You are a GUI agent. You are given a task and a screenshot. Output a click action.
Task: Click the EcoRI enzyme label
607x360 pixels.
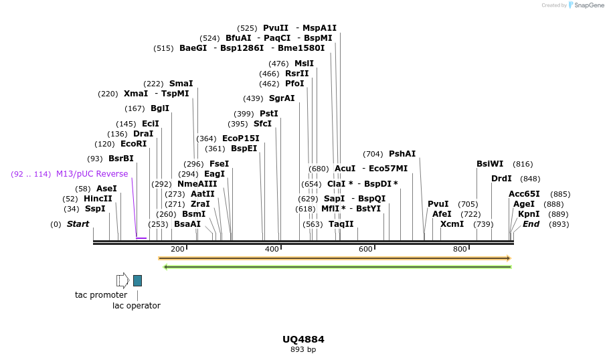[133, 144]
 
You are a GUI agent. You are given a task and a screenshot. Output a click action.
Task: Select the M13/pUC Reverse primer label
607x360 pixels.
[92, 174]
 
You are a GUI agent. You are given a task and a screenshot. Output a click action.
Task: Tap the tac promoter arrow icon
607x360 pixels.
[122, 280]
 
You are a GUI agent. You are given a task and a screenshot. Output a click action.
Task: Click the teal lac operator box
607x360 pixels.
[137, 280]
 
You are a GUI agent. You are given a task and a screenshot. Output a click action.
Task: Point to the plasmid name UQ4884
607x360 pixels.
[303, 339]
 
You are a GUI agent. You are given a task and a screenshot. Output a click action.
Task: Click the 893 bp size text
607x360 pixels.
[303, 349]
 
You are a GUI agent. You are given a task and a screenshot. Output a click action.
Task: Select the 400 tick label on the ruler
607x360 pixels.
[272, 250]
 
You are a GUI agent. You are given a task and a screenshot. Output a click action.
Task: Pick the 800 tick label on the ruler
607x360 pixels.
[460, 250]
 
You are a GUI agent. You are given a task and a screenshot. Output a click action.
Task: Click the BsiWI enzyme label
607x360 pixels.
[490, 164]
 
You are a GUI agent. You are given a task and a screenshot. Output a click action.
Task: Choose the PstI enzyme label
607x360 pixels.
[268, 114]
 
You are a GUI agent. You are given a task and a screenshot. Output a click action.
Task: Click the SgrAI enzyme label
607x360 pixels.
[282, 98]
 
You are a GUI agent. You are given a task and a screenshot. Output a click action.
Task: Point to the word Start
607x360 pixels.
[78, 224]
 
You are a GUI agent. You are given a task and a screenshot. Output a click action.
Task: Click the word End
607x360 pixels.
[531, 224]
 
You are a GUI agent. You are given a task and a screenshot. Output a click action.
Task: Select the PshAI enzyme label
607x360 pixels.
[402, 154]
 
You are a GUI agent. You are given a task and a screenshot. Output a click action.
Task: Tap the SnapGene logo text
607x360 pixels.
[589, 5]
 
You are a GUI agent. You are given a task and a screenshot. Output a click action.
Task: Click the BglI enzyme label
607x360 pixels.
[160, 108]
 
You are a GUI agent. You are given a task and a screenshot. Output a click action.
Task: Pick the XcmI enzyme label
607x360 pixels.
[452, 224]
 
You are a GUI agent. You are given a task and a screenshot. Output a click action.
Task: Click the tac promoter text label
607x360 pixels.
[101, 295]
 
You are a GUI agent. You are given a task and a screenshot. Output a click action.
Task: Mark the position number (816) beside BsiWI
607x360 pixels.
[523, 164]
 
